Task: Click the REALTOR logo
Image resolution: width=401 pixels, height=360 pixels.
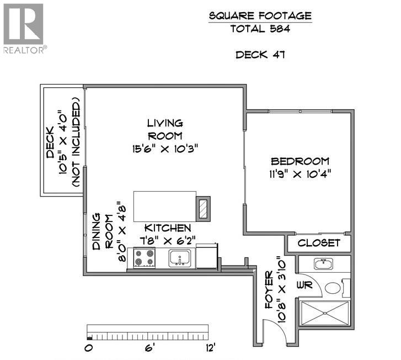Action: (23, 28)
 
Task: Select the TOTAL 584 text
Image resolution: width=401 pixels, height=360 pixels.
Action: (260, 30)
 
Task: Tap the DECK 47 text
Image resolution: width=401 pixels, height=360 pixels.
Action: (260, 55)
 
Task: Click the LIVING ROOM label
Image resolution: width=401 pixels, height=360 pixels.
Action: (165, 129)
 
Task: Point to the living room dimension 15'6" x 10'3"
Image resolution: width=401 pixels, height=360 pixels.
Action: (165, 149)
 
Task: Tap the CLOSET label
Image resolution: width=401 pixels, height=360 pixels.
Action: (319, 243)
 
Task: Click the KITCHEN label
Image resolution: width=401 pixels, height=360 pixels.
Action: (168, 227)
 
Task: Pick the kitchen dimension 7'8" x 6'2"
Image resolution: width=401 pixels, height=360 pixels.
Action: (168, 241)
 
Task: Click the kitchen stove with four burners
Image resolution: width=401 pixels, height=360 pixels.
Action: (145, 258)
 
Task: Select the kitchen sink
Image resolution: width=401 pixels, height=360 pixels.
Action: (180, 257)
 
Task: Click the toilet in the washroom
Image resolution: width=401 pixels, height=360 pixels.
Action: (333, 288)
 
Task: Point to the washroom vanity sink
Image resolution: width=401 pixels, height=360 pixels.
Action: (324, 264)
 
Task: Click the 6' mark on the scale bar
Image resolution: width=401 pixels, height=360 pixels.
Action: (148, 348)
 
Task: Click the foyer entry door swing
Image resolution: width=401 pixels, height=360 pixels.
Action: (274, 331)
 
